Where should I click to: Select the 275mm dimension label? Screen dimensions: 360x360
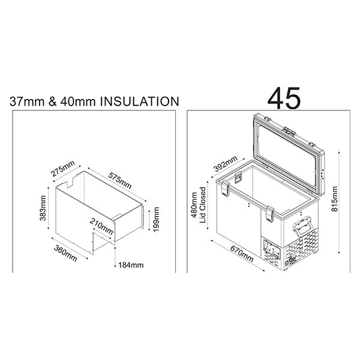pos(63,169)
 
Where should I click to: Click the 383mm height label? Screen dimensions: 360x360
pos(43,208)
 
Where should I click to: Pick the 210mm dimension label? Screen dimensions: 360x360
pos(102,226)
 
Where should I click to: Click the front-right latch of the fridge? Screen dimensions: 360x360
pos(271,212)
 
